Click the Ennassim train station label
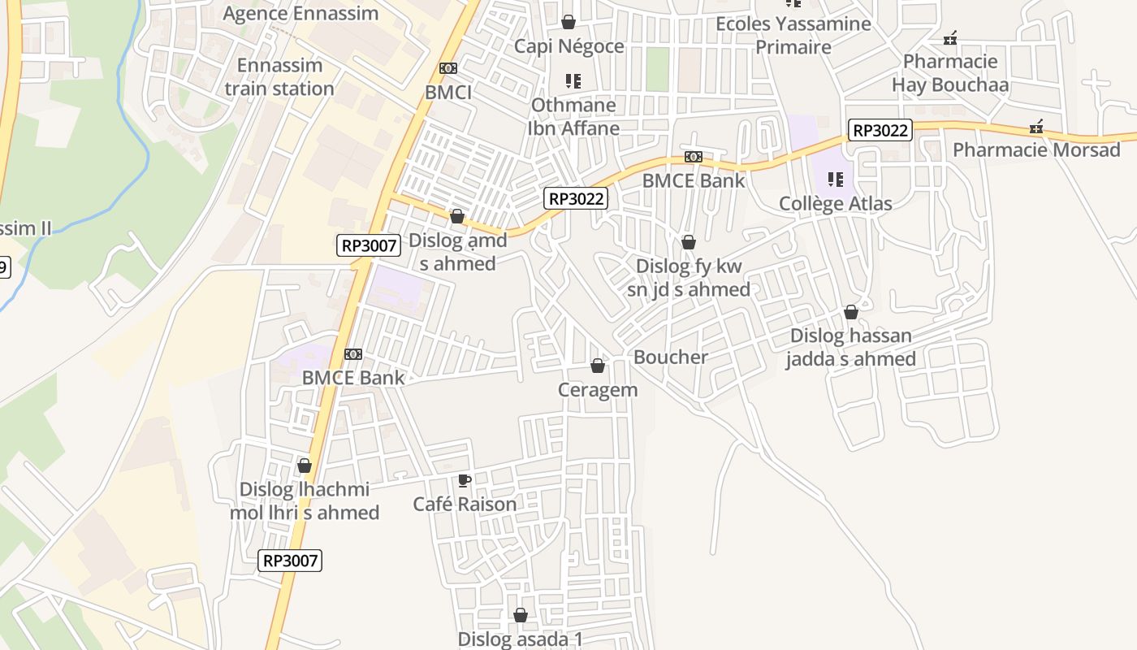click(x=279, y=77)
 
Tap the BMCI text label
click(x=448, y=93)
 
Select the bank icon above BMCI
click(x=448, y=69)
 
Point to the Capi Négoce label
click(x=568, y=46)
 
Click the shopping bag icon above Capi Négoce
click(x=568, y=22)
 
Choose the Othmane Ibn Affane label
click(x=573, y=116)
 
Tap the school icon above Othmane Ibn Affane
click(x=573, y=81)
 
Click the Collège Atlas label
click(x=835, y=204)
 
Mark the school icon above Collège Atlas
click(x=835, y=180)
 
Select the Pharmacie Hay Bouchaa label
click(x=950, y=73)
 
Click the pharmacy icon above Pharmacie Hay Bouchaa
click(x=950, y=38)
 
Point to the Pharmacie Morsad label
click(x=1035, y=150)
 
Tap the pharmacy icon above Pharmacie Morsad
click(x=1036, y=127)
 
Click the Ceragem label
click(x=598, y=390)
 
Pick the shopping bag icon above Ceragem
click(x=598, y=366)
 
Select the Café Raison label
click(x=465, y=505)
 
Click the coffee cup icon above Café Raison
click(x=465, y=481)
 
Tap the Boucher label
click(x=670, y=357)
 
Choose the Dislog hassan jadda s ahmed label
click(x=850, y=347)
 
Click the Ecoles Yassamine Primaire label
click(x=793, y=35)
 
